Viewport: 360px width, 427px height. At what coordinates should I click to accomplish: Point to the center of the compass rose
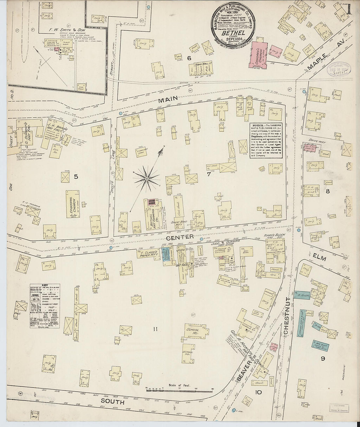click(x=147, y=179)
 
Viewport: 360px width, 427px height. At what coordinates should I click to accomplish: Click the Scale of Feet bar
click(x=179, y=390)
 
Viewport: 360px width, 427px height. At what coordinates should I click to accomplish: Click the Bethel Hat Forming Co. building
click(x=152, y=215)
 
